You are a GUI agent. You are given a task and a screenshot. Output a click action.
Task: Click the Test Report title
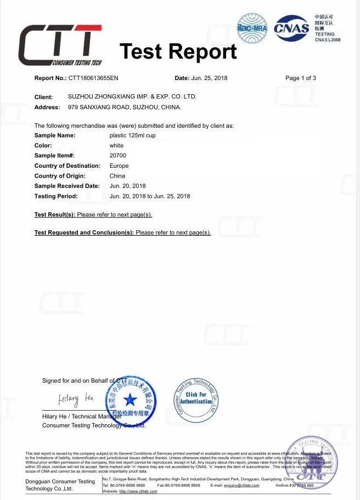click(x=178, y=52)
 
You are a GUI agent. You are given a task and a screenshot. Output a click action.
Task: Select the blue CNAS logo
click(x=291, y=27)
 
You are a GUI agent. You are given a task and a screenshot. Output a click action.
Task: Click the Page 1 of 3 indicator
click(x=301, y=78)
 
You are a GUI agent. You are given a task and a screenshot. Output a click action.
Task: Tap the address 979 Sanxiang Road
click(x=124, y=107)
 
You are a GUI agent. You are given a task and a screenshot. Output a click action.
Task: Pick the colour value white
click(x=116, y=146)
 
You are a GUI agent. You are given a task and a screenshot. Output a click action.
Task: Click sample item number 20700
click(x=117, y=156)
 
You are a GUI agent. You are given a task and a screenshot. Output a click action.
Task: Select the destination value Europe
click(x=119, y=166)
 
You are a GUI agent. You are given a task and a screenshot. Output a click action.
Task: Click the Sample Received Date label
click(x=67, y=186)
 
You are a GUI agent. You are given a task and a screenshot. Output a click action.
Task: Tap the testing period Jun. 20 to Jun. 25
click(x=150, y=196)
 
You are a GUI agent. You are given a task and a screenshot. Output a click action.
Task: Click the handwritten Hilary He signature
click(x=77, y=397)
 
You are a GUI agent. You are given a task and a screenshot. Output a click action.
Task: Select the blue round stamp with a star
click(x=131, y=401)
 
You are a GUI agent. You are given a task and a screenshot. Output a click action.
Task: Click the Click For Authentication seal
click(x=196, y=399)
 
